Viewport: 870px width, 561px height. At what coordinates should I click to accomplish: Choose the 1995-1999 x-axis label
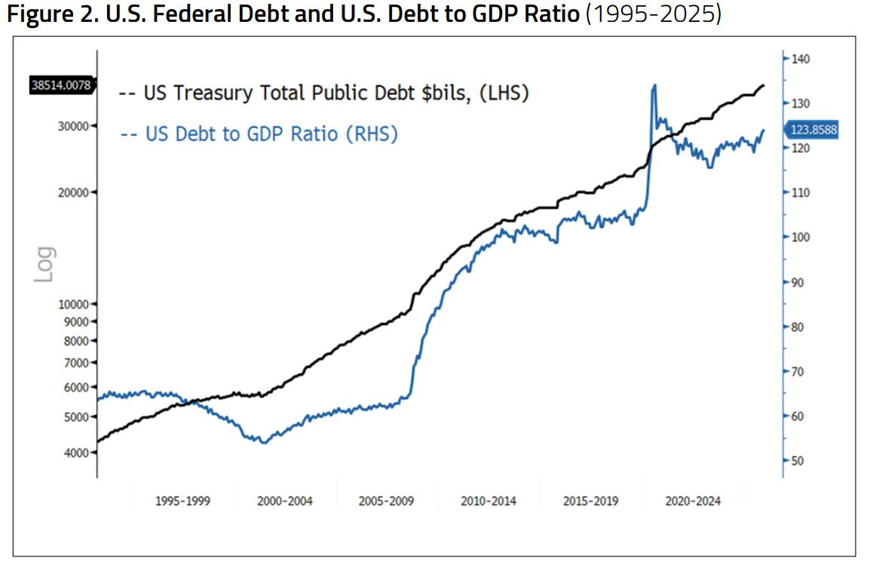182,501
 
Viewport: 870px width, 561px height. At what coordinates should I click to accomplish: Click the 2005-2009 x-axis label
387,501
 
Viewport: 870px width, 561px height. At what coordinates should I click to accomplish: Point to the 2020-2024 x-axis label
693,501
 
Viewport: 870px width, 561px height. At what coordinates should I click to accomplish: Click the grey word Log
45,265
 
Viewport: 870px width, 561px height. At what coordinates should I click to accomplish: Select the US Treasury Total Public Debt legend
324,93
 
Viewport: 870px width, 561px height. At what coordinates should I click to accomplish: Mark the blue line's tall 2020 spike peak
654,86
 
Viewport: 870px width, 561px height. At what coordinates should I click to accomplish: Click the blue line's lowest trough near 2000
263,442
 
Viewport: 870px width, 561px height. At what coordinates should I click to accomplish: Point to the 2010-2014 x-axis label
489,501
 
